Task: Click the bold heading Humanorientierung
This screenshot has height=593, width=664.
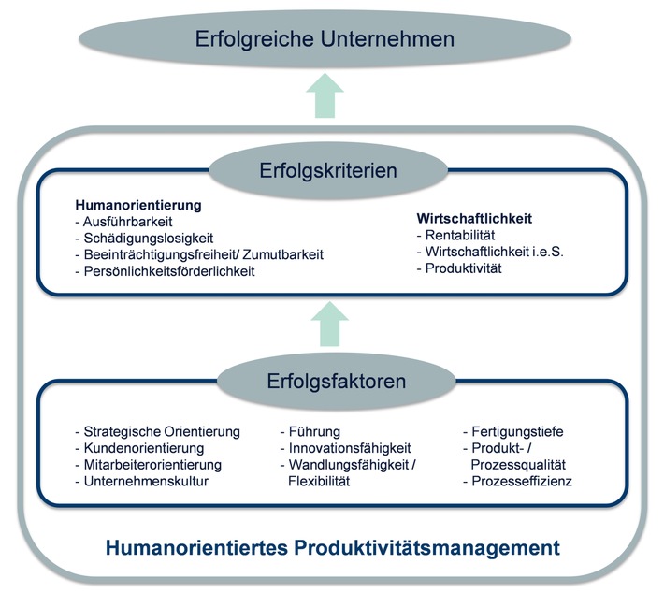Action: (139, 204)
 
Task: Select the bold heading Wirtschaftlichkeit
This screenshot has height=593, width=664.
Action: (475, 218)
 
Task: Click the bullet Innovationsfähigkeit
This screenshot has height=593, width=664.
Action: (345, 448)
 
